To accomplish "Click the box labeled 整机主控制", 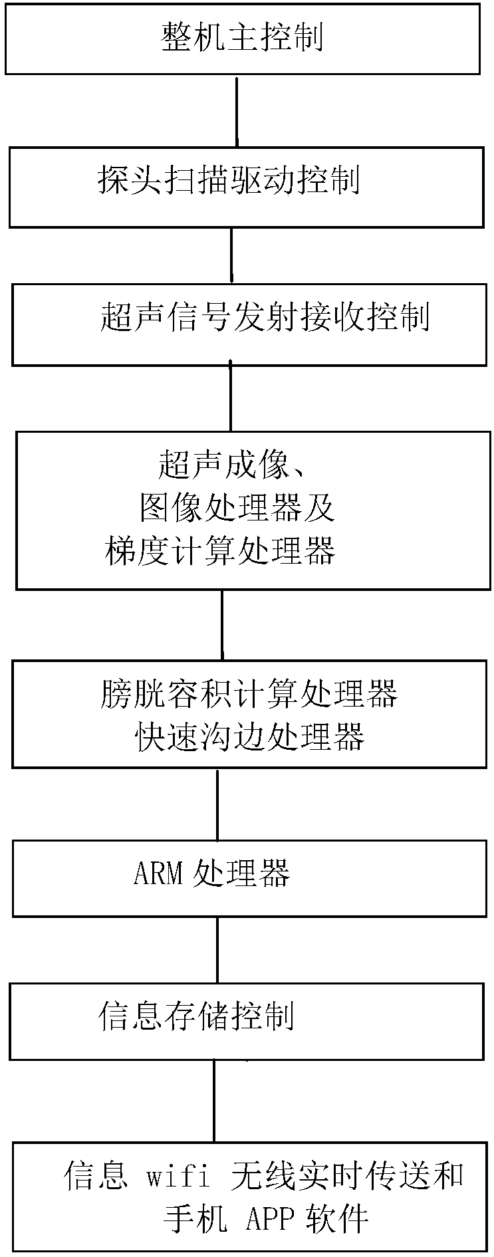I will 242,38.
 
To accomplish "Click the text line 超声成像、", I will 232,465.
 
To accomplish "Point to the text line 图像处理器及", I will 236,508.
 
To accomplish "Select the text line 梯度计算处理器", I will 220,550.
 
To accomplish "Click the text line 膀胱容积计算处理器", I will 249,694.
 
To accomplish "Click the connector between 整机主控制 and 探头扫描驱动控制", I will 237,110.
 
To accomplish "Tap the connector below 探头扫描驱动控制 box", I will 231,256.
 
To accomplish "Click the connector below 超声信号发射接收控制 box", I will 231,398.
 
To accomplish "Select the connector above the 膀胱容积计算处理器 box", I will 221,625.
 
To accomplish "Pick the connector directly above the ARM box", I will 217,804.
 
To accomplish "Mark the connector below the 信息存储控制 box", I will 214,1101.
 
